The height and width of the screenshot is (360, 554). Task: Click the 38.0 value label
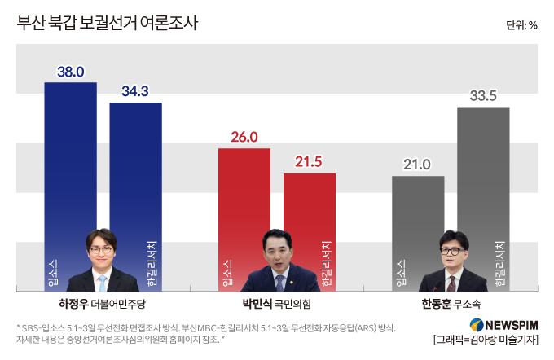coord(71,72)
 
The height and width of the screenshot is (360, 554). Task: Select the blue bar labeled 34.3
coord(136,197)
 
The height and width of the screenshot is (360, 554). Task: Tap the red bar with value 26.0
coord(244,220)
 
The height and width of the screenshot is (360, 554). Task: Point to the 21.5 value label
coord(309,162)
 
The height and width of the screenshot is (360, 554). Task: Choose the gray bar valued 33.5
coord(483,200)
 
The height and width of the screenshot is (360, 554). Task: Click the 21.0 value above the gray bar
coord(417,165)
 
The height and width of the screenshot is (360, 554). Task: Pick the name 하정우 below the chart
coord(73,304)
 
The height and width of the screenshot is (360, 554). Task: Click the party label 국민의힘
coord(293,304)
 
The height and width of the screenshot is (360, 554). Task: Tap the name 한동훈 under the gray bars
coord(437,304)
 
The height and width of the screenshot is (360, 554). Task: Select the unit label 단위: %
coord(521,25)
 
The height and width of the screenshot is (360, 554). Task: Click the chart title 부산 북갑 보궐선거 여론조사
coord(108,23)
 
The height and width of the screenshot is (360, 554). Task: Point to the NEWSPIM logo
coord(503,325)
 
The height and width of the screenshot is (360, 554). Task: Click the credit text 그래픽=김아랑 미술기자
coord(486,340)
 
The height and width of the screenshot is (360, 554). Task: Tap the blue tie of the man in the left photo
coord(102,283)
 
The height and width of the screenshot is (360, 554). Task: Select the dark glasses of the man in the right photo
coord(452,252)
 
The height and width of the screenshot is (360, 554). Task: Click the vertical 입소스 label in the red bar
coord(227,273)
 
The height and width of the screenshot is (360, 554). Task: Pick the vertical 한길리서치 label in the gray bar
coord(500,264)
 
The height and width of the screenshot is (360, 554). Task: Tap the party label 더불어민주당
coord(118,304)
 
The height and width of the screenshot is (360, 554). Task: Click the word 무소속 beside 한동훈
coord(467,304)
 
